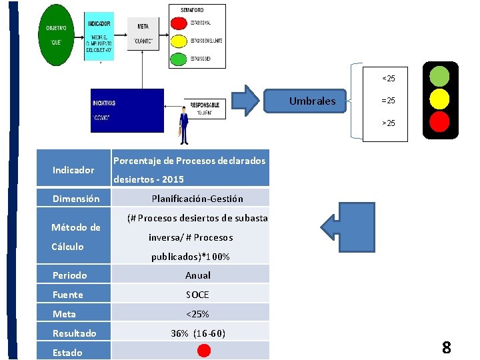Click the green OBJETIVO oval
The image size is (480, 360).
click(x=56, y=35)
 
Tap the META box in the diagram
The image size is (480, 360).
click(x=143, y=33)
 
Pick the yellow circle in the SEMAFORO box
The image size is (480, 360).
click(x=179, y=41)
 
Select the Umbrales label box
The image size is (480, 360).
click(x=313, y=102)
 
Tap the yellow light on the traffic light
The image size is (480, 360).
click(x=439, y=99)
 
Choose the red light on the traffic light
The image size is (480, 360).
click(x=439, y=122)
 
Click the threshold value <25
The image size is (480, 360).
click(x=388, y=79)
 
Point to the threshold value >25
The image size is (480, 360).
click(x=388, y=123)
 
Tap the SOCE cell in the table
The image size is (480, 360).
click(x=197, y=294)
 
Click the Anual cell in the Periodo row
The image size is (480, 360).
click(x=197, y=275)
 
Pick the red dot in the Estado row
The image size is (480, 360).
click(x=205, y=351)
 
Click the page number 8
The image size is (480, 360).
click(x=446, y=347)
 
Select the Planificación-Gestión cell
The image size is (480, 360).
click(x=197, y=198)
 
